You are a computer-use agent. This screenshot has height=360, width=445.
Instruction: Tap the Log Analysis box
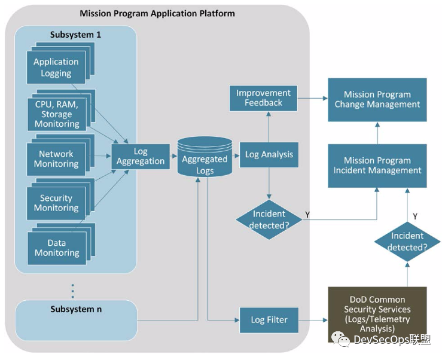click(269, 154)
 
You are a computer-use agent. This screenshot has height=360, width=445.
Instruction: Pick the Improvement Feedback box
click(263, 98)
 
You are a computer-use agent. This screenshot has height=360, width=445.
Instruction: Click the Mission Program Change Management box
click(377, 99)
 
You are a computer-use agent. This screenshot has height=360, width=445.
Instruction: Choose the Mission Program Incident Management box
click(377, 165)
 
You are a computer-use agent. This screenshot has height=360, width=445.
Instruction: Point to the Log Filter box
click(269, 320)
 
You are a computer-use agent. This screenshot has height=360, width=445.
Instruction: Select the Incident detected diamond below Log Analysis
click(269, 219)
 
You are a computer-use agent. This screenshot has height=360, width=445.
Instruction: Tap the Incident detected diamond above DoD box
click(407, 242)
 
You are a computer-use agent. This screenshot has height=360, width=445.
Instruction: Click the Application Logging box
click(56, 68)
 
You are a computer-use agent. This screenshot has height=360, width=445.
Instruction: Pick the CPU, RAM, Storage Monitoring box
click(57, 114)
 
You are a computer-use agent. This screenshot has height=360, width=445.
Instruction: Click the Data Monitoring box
click(56, 248)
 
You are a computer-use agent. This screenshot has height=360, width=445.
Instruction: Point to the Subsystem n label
click(76, 309)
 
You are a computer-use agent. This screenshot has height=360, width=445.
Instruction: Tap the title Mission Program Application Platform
click(157, 13)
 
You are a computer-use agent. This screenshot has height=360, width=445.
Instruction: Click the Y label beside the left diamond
click(307, 213)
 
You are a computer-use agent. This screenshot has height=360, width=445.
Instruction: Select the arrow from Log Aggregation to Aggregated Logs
click(173, 157)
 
